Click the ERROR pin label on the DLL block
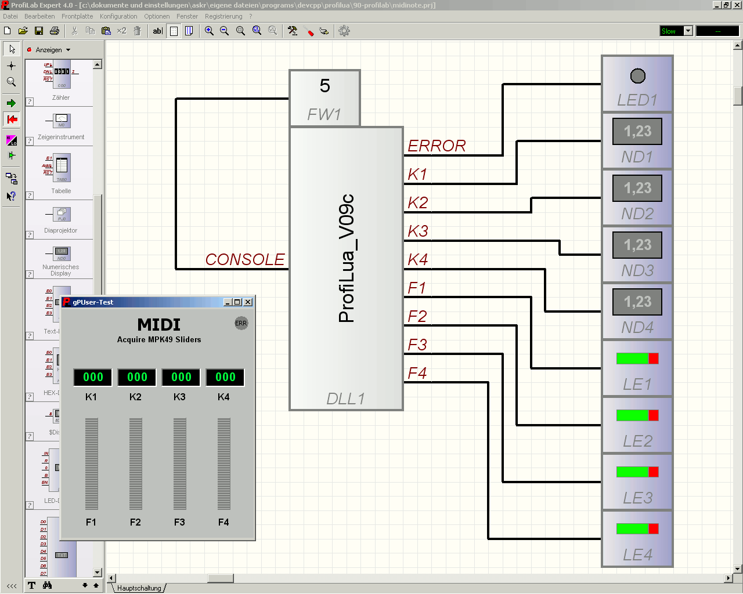pos(437,146)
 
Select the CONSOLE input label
pos(245,259)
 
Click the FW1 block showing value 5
pos(324,98)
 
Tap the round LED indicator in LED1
pos(637,76)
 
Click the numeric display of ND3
pos(637,245)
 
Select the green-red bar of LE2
pos(637,415)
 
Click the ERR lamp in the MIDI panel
pos(241,323)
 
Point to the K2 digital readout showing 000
pos(137,377)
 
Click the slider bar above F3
pos(180,463)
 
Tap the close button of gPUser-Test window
pos(248,302)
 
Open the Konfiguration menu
pos(118,16)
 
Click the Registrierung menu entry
pos(223,16)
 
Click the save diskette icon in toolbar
pos(39,31)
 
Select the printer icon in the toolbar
pos(55,31)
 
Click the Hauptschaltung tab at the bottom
pos(139,588)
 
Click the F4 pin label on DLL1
pos(417,373)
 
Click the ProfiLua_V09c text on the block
pos(347,258)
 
